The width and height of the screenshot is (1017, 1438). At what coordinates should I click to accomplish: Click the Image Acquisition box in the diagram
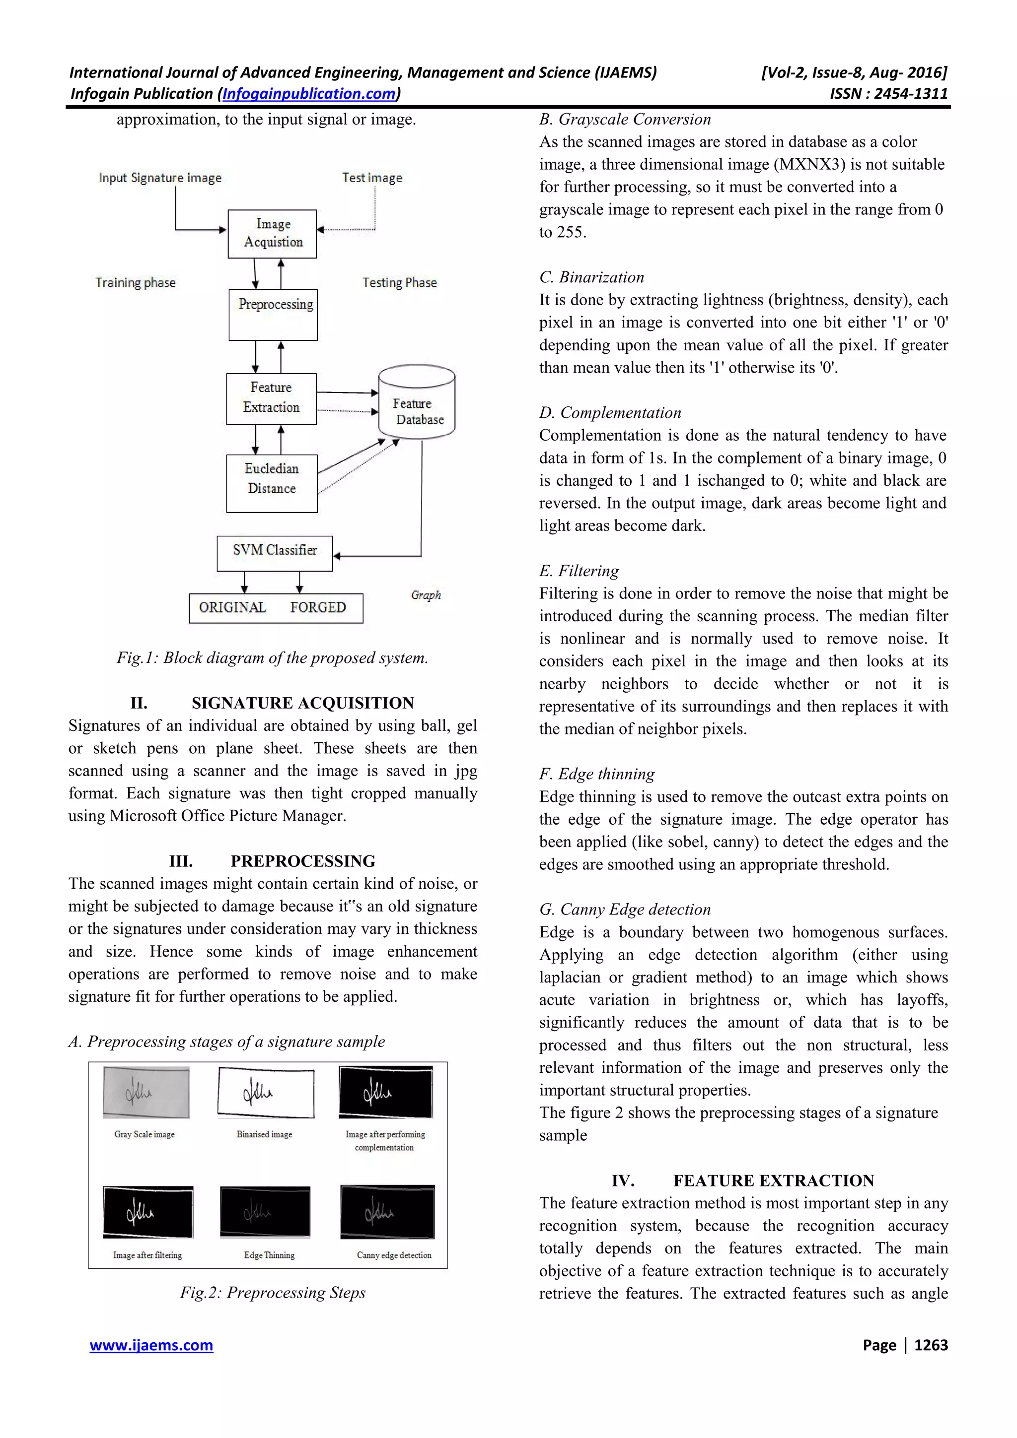(272, 234)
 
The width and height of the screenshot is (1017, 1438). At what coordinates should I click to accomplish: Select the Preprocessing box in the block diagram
(273, 315)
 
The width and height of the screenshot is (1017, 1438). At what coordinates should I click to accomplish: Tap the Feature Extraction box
(271, 398)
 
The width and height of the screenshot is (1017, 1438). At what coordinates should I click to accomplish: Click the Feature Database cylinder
(417, 402)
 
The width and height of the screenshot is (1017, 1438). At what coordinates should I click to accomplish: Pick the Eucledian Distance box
(271, 483)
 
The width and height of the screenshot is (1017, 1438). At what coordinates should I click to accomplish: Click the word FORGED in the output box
(318, 607)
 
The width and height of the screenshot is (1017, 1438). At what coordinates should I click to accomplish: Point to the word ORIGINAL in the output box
(232, 607)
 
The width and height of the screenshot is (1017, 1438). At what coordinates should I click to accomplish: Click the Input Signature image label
(160, 178)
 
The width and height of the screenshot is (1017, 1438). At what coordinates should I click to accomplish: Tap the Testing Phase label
(399, 282)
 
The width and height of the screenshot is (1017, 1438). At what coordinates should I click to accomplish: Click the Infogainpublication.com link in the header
(309, 94)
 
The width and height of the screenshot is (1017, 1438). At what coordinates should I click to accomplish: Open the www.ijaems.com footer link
(151, 1345)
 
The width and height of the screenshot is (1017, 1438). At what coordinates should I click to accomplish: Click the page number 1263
(931, 1345)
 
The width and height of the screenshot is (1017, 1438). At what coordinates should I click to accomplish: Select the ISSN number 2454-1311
(910, 94)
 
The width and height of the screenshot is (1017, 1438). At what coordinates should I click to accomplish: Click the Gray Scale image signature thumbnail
(146, 1093)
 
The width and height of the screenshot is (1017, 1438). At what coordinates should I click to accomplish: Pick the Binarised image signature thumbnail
(266, 1093)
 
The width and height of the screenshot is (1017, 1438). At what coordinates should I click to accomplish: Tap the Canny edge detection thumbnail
(387, 1212)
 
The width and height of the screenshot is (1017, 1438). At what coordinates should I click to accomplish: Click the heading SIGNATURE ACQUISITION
(302, 703)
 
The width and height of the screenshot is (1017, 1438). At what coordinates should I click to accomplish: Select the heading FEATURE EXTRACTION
(773, 1180)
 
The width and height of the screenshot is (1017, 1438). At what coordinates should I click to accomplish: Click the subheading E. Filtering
(579, 571)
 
